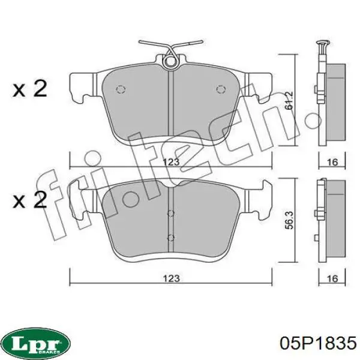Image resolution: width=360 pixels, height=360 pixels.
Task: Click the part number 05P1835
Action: (318, 343)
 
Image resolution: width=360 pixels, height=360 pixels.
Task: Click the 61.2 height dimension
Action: (290, 100)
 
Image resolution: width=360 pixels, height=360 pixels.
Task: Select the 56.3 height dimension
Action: (290, 220)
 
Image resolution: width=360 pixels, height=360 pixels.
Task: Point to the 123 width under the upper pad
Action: (171, 162)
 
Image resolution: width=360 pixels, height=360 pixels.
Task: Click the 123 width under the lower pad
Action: (171, 278)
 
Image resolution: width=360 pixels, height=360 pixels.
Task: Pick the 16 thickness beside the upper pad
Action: (332, 162)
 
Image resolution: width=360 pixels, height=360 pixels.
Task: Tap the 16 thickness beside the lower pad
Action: (332, 278)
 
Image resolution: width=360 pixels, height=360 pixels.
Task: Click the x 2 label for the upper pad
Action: (30, 88)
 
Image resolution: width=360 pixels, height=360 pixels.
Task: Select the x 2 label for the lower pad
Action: (30, 200)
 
